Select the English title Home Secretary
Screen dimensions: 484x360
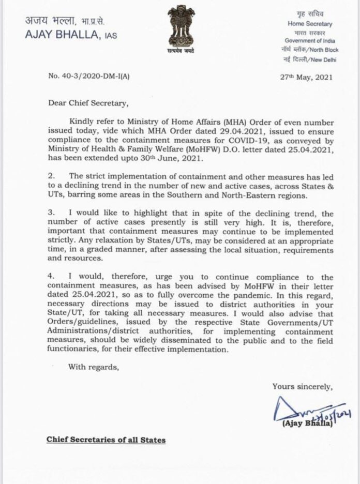[310, 24]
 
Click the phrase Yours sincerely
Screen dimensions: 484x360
[303, 386]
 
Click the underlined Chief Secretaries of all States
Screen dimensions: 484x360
[106, 440]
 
